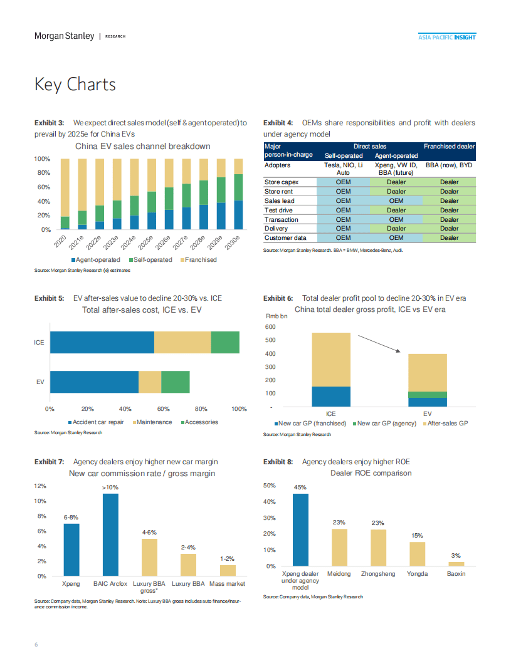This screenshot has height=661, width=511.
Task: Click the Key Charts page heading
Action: (x=75, y=85)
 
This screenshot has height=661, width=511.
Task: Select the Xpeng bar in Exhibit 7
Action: (x=71, y=549)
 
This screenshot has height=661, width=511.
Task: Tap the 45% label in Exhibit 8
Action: (x=300, y=487)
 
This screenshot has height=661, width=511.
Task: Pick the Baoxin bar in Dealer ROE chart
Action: (x=456, y=564)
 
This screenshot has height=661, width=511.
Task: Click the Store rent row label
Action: (x=277, y=192)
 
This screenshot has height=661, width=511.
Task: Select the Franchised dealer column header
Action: (x=449, y=146)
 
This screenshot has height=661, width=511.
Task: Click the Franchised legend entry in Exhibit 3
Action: (x=198, y=259)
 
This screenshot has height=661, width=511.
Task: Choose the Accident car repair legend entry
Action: (x=97, y=422)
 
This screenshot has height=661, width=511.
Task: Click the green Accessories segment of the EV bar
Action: (x=176, y=382)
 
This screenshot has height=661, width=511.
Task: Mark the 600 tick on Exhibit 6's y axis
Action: (x=270, y=327)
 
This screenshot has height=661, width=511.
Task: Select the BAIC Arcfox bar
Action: (x=110, y=534)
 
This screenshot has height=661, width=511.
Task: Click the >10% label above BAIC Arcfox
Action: (x=110, y=487)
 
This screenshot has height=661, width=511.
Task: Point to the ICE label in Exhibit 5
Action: (x=40, y=343)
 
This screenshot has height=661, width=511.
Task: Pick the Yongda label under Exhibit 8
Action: (x=418, y=574)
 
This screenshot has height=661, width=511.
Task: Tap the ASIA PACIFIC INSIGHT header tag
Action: (x=446, y=37)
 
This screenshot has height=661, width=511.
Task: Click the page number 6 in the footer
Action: (x=36, y=645)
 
